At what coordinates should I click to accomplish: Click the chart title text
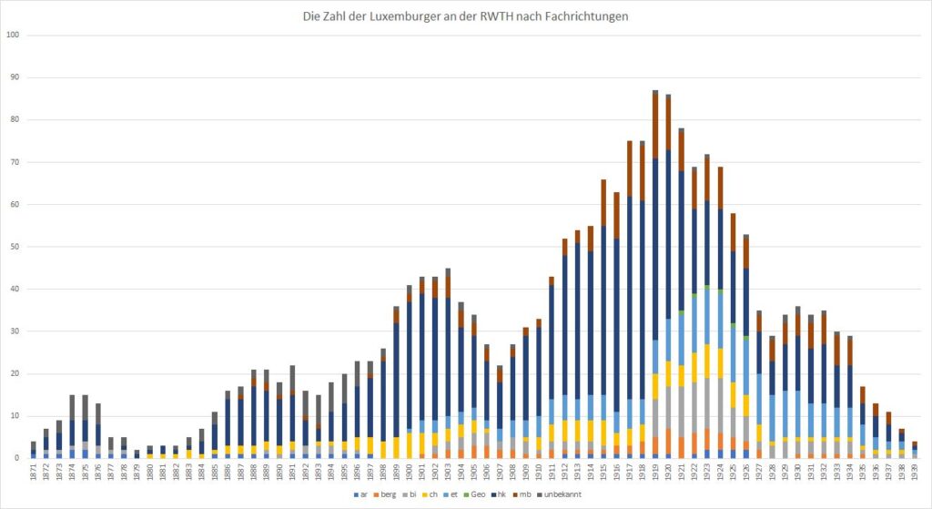[x=466, y=15]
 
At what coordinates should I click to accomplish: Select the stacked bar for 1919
[x=654, y=273]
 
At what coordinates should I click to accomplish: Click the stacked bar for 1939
[x=915, y=450]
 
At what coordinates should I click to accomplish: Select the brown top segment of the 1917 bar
[x=629, y=168]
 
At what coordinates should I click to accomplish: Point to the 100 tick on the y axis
[x=13, y=36]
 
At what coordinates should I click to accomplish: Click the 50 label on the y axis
[x=13, y=247]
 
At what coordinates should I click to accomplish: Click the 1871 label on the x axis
[x=33, y=473]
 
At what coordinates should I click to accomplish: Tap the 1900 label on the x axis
[x=410, y=473]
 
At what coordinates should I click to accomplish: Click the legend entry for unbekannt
[x=560, y=495]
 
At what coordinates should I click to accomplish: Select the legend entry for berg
[x=385, y=495]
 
